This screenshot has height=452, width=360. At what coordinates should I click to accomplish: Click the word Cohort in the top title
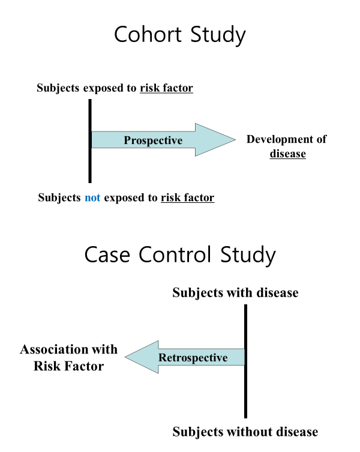pos(148,34)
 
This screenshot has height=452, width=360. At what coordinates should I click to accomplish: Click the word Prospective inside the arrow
pos(153,140)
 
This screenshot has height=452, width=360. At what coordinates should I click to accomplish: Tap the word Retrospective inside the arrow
pos(193,358)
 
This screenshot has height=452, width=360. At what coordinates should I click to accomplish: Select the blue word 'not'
pos(92,197)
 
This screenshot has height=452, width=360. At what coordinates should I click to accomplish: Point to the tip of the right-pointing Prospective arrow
pos(235,139)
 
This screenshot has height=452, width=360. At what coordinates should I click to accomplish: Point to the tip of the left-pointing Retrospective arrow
pos(125,357)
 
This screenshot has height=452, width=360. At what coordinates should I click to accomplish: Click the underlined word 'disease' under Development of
pos(287,154)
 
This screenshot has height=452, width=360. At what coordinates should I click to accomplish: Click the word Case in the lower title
pos(107,255)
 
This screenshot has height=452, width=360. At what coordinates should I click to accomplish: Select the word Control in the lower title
pos(175,255)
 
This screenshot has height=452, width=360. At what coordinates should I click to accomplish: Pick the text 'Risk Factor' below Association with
pos(68,366)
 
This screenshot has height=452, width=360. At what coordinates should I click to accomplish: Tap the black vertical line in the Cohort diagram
pos(90,141)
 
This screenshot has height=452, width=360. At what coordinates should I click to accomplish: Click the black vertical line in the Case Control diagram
pos(245,361)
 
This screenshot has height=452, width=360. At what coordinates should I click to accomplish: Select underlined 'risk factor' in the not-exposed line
pos(188,197)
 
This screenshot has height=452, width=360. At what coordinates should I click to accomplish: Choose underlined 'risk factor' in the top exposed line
pos(167,88)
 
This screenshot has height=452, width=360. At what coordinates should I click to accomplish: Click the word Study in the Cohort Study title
pos(218,35)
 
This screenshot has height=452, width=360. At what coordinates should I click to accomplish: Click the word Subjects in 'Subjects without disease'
pos(199,432)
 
